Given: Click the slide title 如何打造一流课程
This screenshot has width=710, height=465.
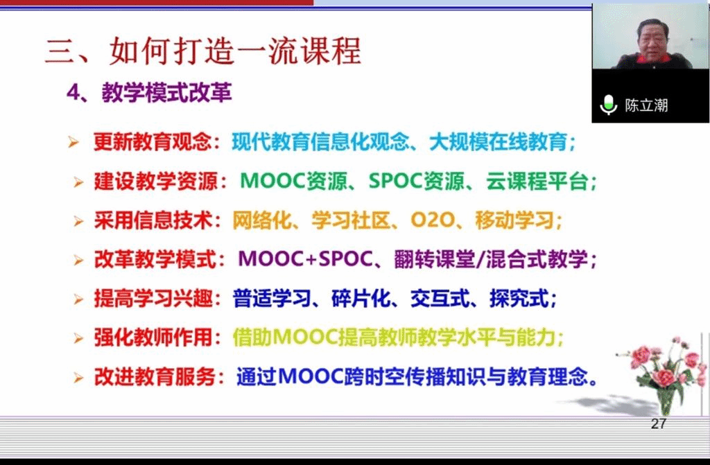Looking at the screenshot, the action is [x=235, y=51].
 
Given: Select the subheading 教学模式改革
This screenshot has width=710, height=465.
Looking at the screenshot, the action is [x=166, y=93].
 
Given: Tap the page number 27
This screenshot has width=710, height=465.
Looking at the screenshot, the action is [x=659, y=424].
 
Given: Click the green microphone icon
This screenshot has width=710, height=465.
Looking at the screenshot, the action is [x=608, y=105].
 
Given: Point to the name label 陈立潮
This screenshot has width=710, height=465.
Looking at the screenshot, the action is [x=646, y=105].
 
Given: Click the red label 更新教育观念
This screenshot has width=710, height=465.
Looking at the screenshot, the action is [x=153, y=142].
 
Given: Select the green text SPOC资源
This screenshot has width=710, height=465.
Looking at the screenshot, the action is [x=416, y=181].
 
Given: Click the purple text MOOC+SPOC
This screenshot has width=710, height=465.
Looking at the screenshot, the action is [x=305, y=259].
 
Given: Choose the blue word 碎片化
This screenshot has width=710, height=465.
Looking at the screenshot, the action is [x=361, y=299].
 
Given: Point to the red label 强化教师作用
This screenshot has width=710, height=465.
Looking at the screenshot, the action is [x=153, y=337].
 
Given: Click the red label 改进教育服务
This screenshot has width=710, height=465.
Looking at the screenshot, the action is [x=154, y=377].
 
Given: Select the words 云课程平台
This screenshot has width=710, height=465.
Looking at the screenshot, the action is [x=537, y=181].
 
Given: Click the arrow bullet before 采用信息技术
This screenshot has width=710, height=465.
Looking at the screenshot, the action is [x=78, y=221].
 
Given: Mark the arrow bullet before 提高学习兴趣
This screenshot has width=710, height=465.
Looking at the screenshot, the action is [x=78, y=299].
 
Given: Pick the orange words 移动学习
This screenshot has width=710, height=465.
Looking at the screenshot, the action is [x=514, y=220].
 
